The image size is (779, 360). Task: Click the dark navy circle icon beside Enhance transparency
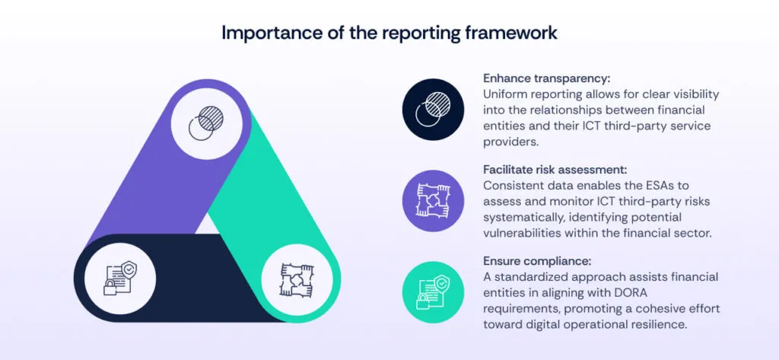point(433,110)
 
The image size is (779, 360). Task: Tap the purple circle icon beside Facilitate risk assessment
point(433,200)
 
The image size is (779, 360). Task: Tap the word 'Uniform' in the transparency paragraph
point(507,94)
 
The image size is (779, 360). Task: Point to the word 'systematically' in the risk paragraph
point(523,216)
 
